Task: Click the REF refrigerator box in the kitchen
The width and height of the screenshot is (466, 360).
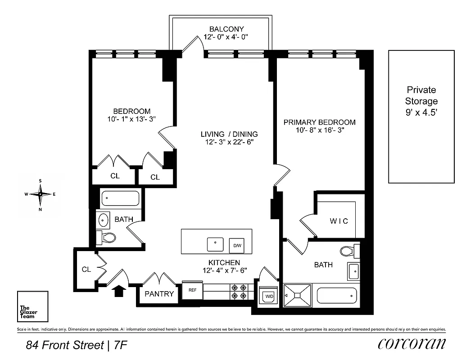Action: pyautogui.click(x=192, y=290)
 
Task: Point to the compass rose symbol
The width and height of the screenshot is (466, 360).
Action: pyautogui.click(x=41, y=194)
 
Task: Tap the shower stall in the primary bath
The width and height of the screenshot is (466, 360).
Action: pyautogui.click(x=297, y=295)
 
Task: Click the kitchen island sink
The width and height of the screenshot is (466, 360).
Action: pyautogui.click(x=215, y=244)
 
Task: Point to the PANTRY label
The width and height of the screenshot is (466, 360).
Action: pyautogui.click(x=159, y=294)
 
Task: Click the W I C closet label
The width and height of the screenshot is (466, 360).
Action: pyautogui.click(x=339, y=221)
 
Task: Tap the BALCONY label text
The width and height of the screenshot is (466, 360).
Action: pyautogui.click(x=221, y=29)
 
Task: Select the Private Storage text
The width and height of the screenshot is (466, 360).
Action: pyautogui.click(x=421, y=101)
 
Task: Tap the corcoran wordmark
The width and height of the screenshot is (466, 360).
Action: pyautogui.click(x=412, y=344)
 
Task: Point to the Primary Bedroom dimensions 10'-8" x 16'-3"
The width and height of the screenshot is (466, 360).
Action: pyautogui.click(x=319, y=131)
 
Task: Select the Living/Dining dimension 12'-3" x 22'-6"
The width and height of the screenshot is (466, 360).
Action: pyautogui.click(x=229, y=143)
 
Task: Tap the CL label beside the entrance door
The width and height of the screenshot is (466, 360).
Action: pyautogui.click(x=86, y=270)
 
